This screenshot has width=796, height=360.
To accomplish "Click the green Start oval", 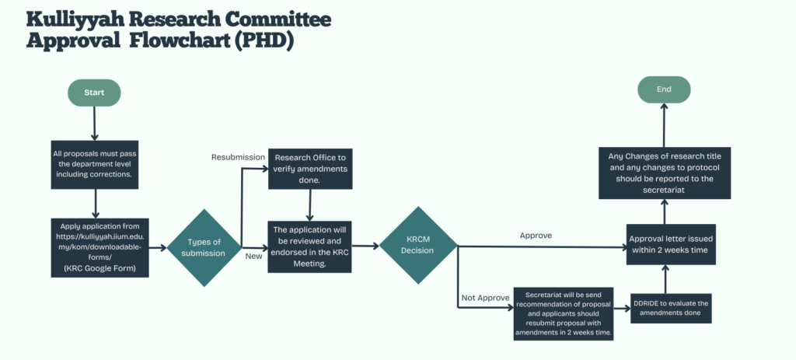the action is click(94, 93).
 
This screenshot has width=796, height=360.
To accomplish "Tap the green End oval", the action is click(664, 89).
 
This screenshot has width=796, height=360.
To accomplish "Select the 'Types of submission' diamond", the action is click(204, 248).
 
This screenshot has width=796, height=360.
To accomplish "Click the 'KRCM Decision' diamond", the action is click(419, 245).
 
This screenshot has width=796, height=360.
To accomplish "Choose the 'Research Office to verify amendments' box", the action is click(310, 169).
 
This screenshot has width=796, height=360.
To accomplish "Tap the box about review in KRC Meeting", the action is click(310, 246).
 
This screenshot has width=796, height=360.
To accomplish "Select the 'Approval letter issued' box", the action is click(671, 244).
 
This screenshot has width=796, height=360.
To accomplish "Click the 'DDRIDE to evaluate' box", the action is click(671, 308).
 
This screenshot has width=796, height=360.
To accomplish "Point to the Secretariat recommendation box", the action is click(563, 313).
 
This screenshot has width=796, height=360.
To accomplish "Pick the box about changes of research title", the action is click(665, 173).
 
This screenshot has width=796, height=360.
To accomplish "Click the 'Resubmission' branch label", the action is click(238, 157).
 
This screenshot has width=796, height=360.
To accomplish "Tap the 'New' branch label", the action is click(254, 257).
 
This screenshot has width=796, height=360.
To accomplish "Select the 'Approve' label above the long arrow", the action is click(536, 236).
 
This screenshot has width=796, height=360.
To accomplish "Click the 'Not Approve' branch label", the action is click(485, 298).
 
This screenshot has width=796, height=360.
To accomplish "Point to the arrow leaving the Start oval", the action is click(94, 124).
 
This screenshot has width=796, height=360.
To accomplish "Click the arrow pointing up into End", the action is click(664, 125).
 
